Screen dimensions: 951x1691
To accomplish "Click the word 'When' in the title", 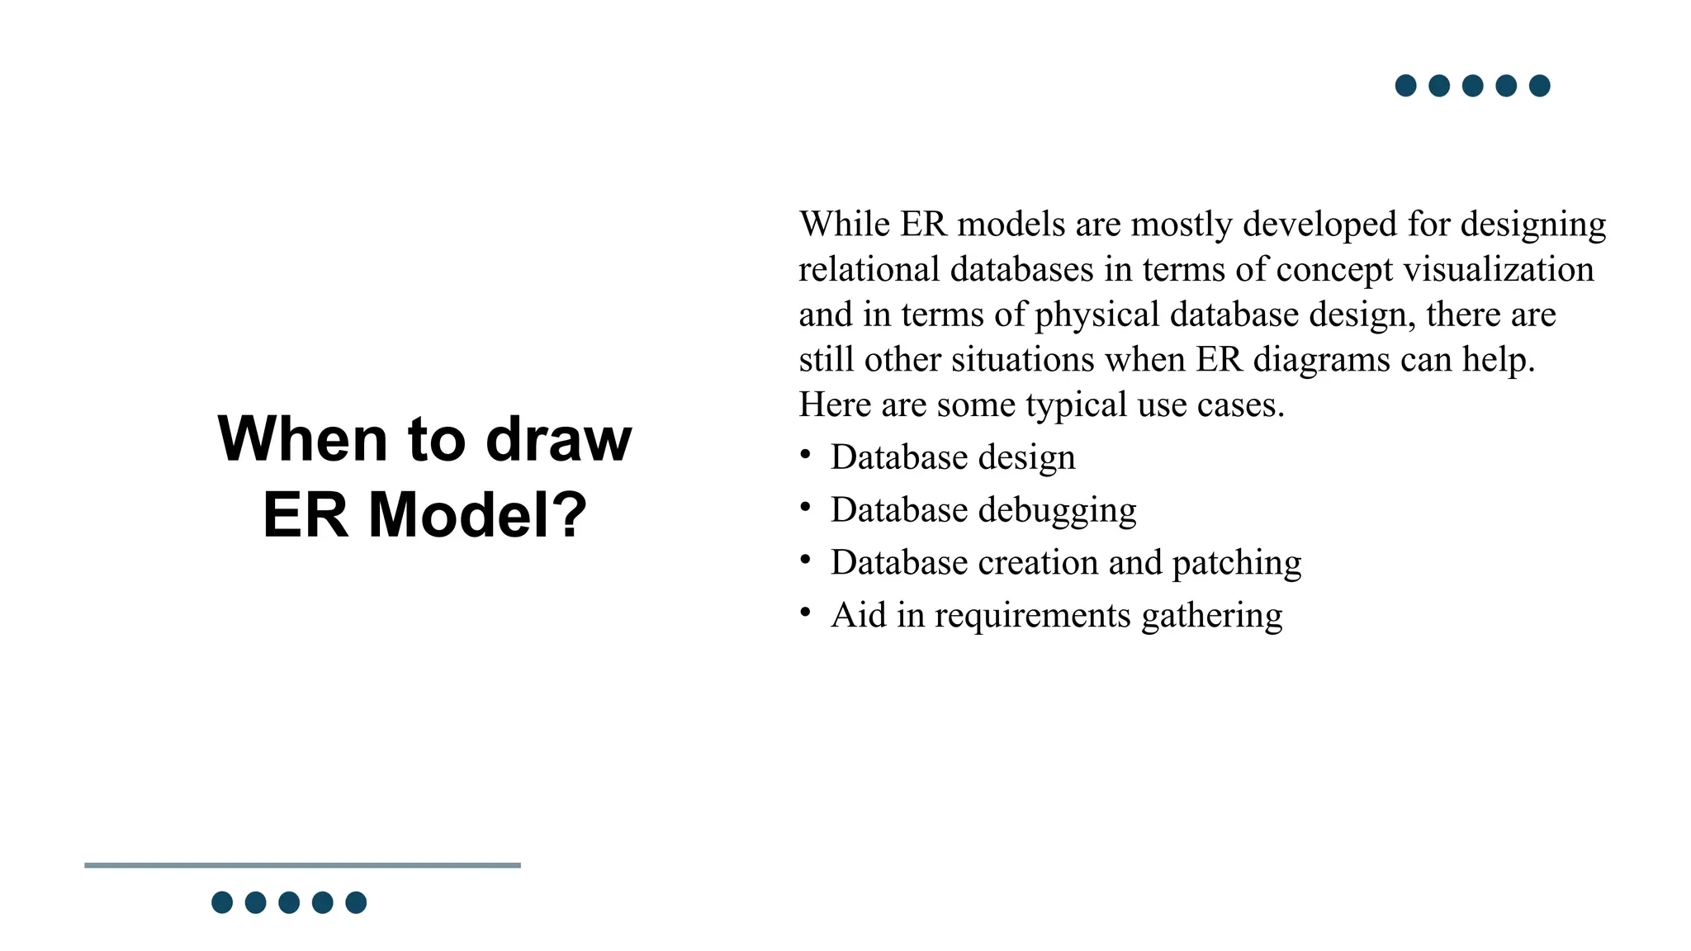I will (302, 438).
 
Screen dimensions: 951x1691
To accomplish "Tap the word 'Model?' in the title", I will (477, 515).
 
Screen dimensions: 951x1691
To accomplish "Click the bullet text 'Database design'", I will (953, 457).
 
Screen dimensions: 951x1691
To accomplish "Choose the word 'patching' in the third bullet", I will (1236, 563).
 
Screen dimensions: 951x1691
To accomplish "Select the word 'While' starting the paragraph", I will (844, 224).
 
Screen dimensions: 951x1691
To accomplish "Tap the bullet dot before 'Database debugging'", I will (805, 507).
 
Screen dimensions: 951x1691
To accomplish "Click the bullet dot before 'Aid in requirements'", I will (805, 612).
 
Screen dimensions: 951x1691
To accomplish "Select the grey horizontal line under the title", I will (302, 865).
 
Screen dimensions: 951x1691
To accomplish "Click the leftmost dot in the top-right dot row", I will (1405, 86).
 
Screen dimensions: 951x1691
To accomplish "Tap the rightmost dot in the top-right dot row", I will (1539, 86).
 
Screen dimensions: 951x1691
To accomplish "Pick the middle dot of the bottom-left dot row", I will (289, 902).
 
